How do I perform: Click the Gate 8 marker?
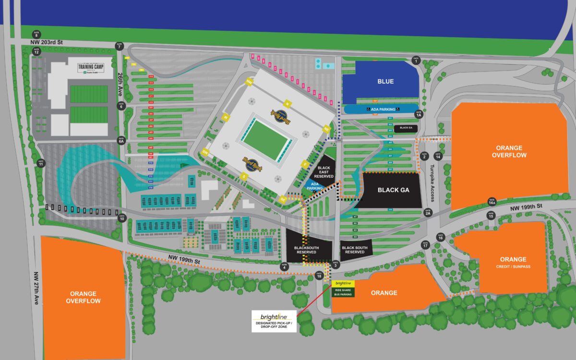tap(36, 34)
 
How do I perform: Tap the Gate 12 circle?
tap(36, 50)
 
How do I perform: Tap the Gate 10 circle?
tap(122, 218)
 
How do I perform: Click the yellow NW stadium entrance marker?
tap(249, 82)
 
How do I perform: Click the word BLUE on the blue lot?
tap(385, 82)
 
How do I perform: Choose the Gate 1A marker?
tap(419, 115)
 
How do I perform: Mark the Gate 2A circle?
tap(427, 212)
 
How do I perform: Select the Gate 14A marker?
tap(492, 202)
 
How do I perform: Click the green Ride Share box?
tap(343, 291)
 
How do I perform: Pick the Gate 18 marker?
tap(319, 275)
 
